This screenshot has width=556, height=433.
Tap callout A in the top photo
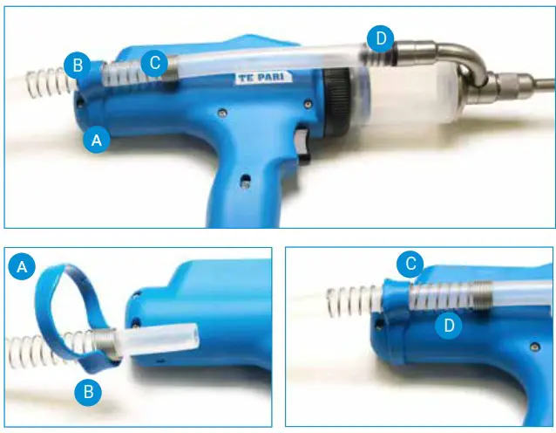coord(97,139)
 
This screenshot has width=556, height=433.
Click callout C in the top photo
coord(154,63)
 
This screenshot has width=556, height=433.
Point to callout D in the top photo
coord(379,38)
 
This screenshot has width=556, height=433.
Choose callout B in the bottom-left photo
coord(87,393)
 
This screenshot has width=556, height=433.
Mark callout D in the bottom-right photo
coord(448,325)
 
